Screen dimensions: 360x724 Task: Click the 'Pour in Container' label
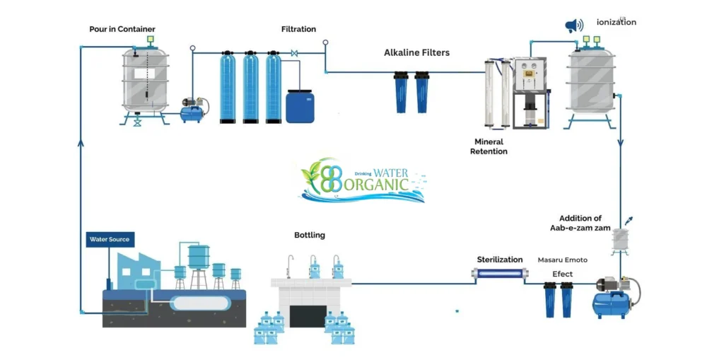122,29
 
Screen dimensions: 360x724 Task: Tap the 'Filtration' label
298,29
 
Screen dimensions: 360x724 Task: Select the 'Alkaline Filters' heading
416,52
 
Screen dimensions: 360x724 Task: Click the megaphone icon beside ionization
574,26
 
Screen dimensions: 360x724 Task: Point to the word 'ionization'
616,22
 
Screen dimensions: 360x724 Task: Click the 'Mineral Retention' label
489,146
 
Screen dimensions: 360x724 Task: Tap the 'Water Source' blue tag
109,240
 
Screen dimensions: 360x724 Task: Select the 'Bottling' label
310,235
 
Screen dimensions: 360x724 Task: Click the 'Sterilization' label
500,260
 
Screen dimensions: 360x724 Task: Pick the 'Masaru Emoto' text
562,260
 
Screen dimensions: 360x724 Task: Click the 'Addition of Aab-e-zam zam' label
580,223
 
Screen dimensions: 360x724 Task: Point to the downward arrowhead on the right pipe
621,143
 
